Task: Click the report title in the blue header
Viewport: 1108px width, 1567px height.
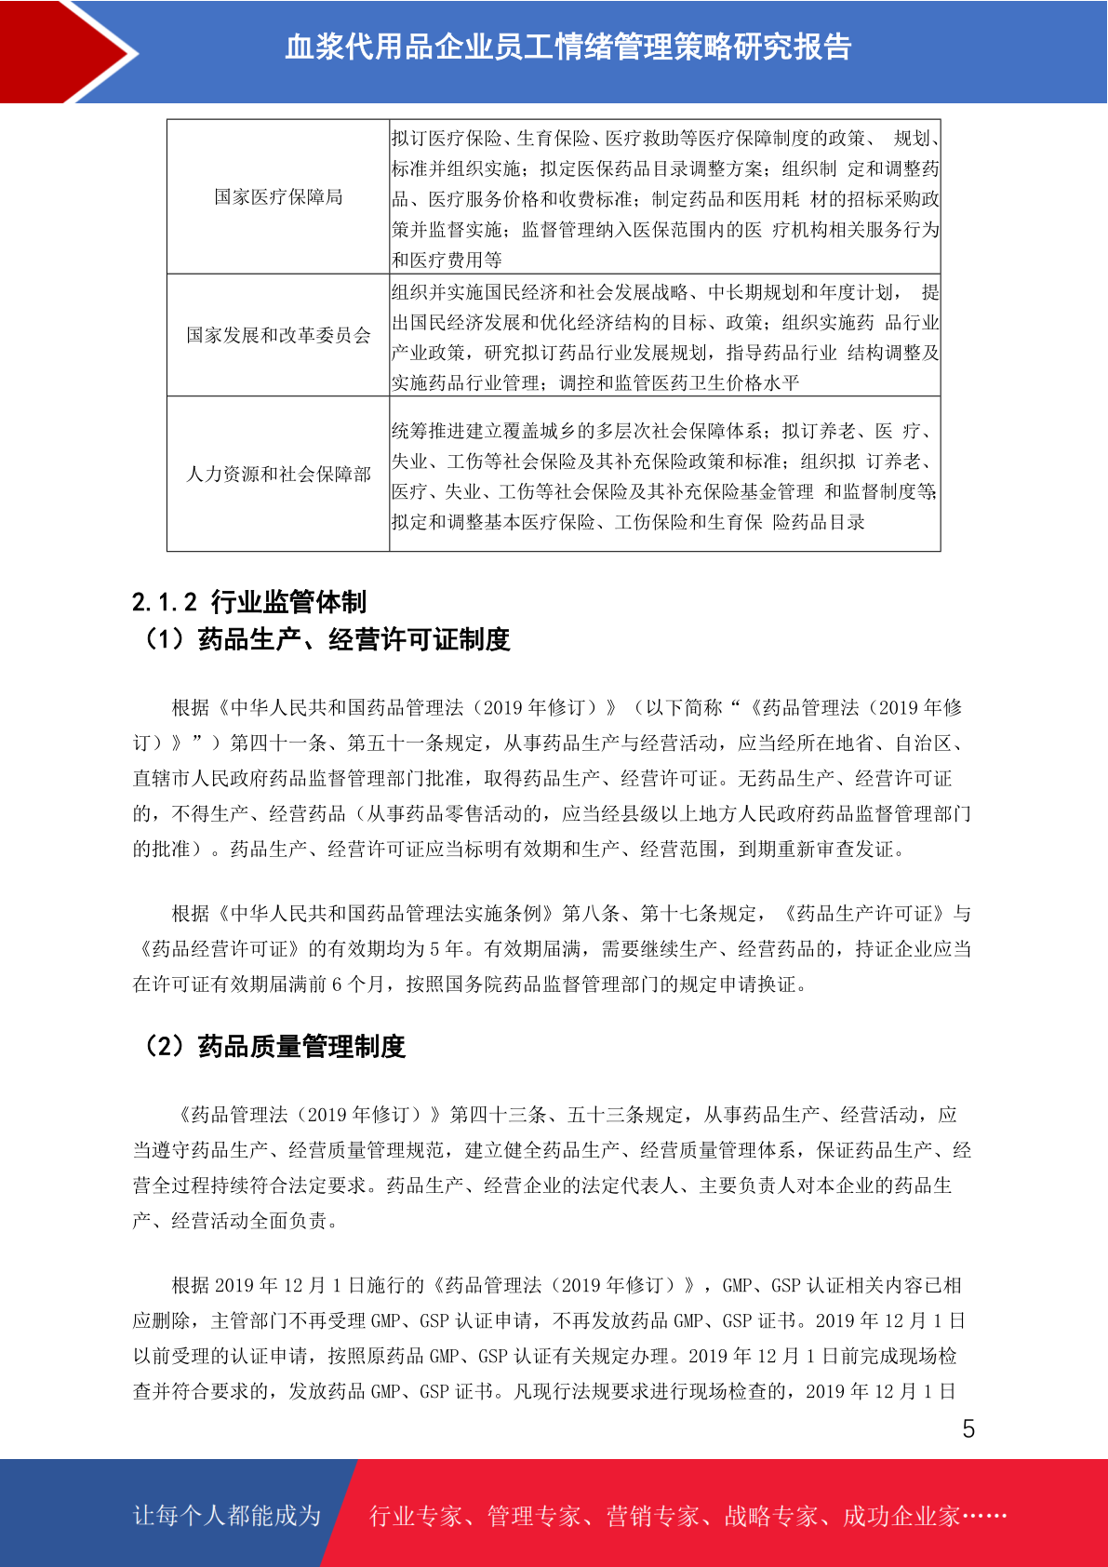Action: [567, 47]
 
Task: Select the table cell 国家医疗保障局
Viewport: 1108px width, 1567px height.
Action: [278, 197]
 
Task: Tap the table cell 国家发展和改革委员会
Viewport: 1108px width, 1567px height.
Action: [278, 335]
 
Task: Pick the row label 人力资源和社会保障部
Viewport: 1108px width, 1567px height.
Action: [278, 475]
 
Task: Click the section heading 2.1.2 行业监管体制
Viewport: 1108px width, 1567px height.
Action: [249, 602]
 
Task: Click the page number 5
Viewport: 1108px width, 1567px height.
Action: [968, 1429]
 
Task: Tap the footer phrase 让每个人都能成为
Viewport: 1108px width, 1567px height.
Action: [227, 1516]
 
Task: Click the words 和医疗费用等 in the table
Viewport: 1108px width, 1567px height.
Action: [447, 260]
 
